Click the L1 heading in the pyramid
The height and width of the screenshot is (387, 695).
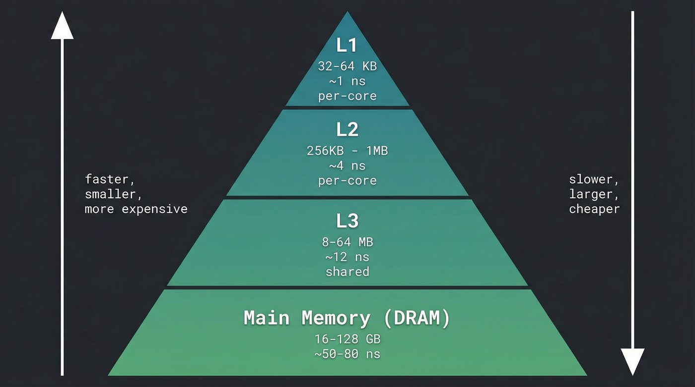tap(347, 46)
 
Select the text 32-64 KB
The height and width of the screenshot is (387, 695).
tap(347, 66)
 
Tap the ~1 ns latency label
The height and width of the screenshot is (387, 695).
tap(347, 81)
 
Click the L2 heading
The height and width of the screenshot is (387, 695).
tap(347, 130)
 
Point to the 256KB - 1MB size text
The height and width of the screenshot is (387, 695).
tap(347, 151)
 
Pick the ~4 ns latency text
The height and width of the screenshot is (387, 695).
tap(347, 166)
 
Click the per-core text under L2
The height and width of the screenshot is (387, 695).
tap(347, 180)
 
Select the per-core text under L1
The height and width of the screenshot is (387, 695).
tap(347, 96)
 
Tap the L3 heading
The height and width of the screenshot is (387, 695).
tap(347, 221)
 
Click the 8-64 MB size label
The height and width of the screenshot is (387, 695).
tap(347, 242)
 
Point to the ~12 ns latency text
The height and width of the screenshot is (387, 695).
tap(347, 257)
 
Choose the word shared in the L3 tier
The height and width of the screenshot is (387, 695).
tap(347, 272)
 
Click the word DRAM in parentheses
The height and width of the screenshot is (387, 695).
tap(417, 318)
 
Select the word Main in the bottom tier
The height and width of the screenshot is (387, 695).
tap(267, 318)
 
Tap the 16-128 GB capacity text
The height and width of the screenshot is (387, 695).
tap(347, 339)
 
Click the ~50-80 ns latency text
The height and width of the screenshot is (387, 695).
tap(347, 354)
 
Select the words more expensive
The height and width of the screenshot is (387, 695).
tap(136, 209)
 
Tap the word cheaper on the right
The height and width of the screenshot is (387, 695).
tap(594, 209)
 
